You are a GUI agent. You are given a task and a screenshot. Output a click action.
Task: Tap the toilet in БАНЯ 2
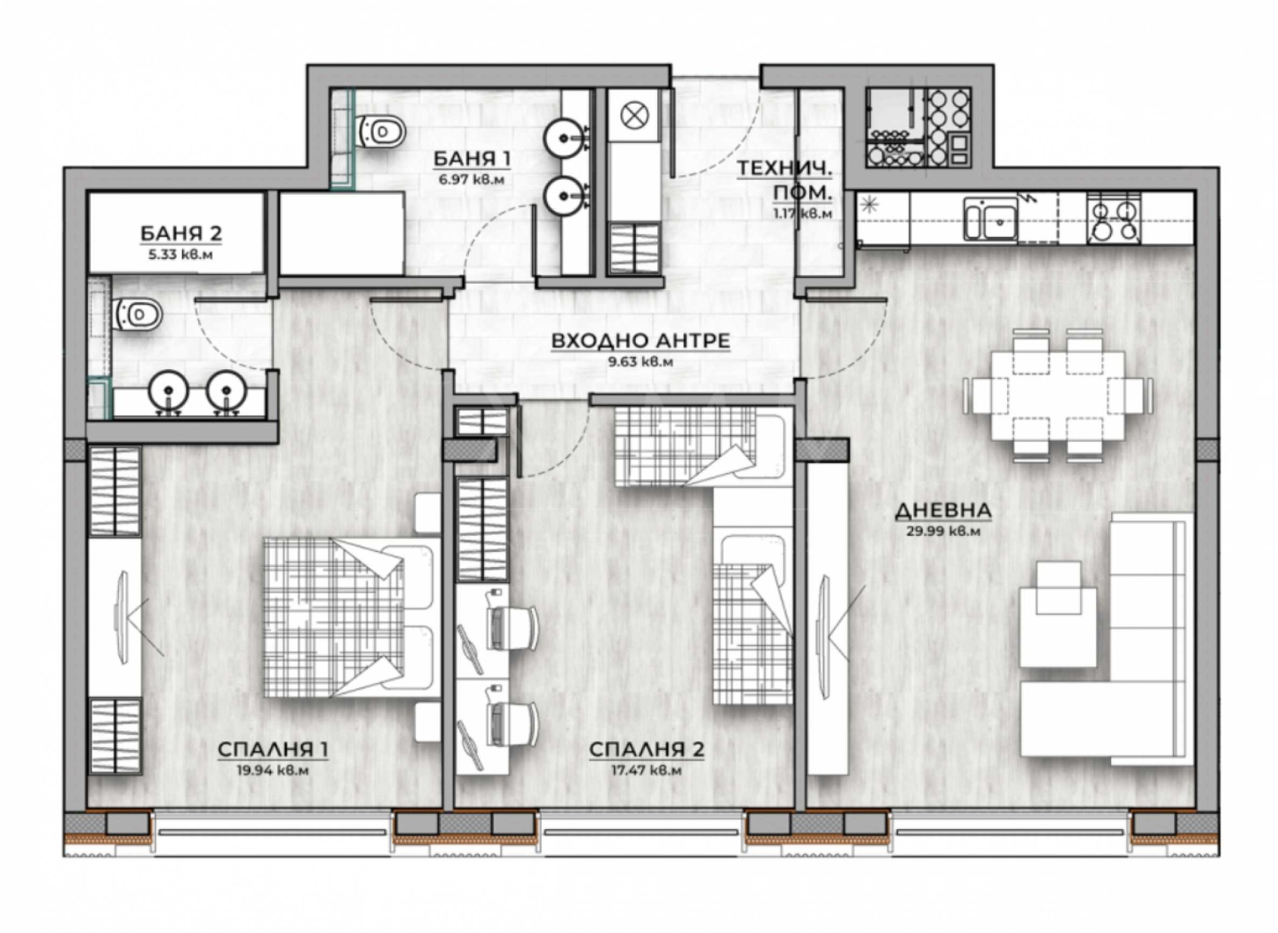pos(138,314)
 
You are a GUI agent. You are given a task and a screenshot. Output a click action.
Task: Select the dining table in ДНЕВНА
pos(1058,395)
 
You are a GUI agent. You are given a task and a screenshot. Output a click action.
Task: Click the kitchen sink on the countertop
pos(990,219)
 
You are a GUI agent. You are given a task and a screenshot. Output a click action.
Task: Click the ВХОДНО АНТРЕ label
pos(641,341)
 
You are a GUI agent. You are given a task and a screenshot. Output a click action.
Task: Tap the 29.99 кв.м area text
pos(943,530)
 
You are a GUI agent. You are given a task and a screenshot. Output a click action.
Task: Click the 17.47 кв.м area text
pos(646,770)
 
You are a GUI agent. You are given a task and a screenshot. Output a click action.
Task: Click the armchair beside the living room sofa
pos(1058,613)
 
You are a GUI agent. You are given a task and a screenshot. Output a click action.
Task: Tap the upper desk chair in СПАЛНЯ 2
pos(511,627)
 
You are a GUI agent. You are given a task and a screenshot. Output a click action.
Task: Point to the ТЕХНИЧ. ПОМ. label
pos(785,181)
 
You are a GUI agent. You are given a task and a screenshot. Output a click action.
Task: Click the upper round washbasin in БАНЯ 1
pos(564,138)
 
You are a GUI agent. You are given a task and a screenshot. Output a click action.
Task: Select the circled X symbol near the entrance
pos(633,116)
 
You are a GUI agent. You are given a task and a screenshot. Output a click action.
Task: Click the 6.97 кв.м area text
pos(471,180)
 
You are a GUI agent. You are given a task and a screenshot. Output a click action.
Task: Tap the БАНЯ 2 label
pos(181,233)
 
